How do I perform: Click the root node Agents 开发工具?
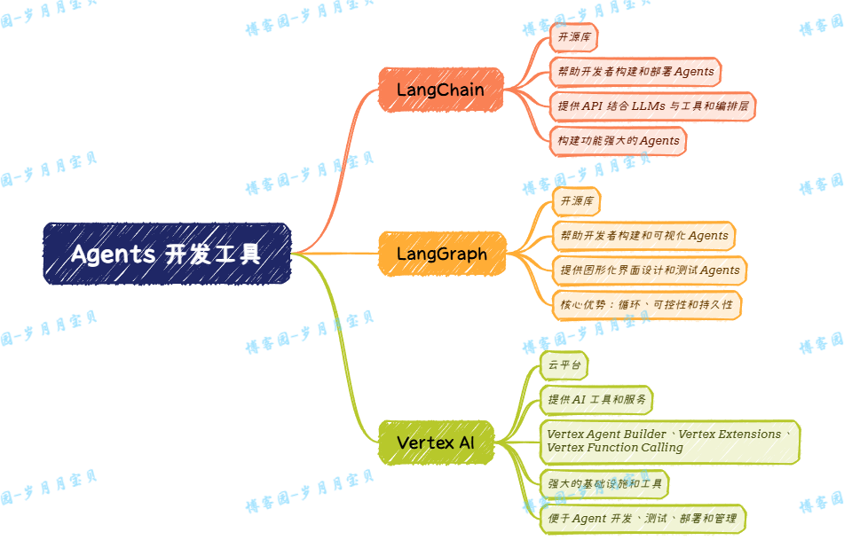pos(167,254)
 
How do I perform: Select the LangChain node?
pos(440,90)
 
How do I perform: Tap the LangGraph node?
pos(441,254)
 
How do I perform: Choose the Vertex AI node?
pos(435,442)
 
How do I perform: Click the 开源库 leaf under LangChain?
pos(573,37)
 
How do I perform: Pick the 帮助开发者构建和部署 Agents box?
pos(634,71)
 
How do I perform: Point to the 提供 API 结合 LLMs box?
pos(652,106)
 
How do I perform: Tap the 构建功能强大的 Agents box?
pos(618,140)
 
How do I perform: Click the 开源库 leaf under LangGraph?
pos(576,201)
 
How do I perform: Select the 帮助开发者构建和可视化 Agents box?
pos(643,235)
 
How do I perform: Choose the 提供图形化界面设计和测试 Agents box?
pos(649,270)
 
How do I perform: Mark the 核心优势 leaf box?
pos(646,304)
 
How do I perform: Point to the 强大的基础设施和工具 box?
pos(604,483)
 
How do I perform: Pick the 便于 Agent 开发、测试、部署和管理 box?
pos(642,518)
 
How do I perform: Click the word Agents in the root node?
pos(113,255)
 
